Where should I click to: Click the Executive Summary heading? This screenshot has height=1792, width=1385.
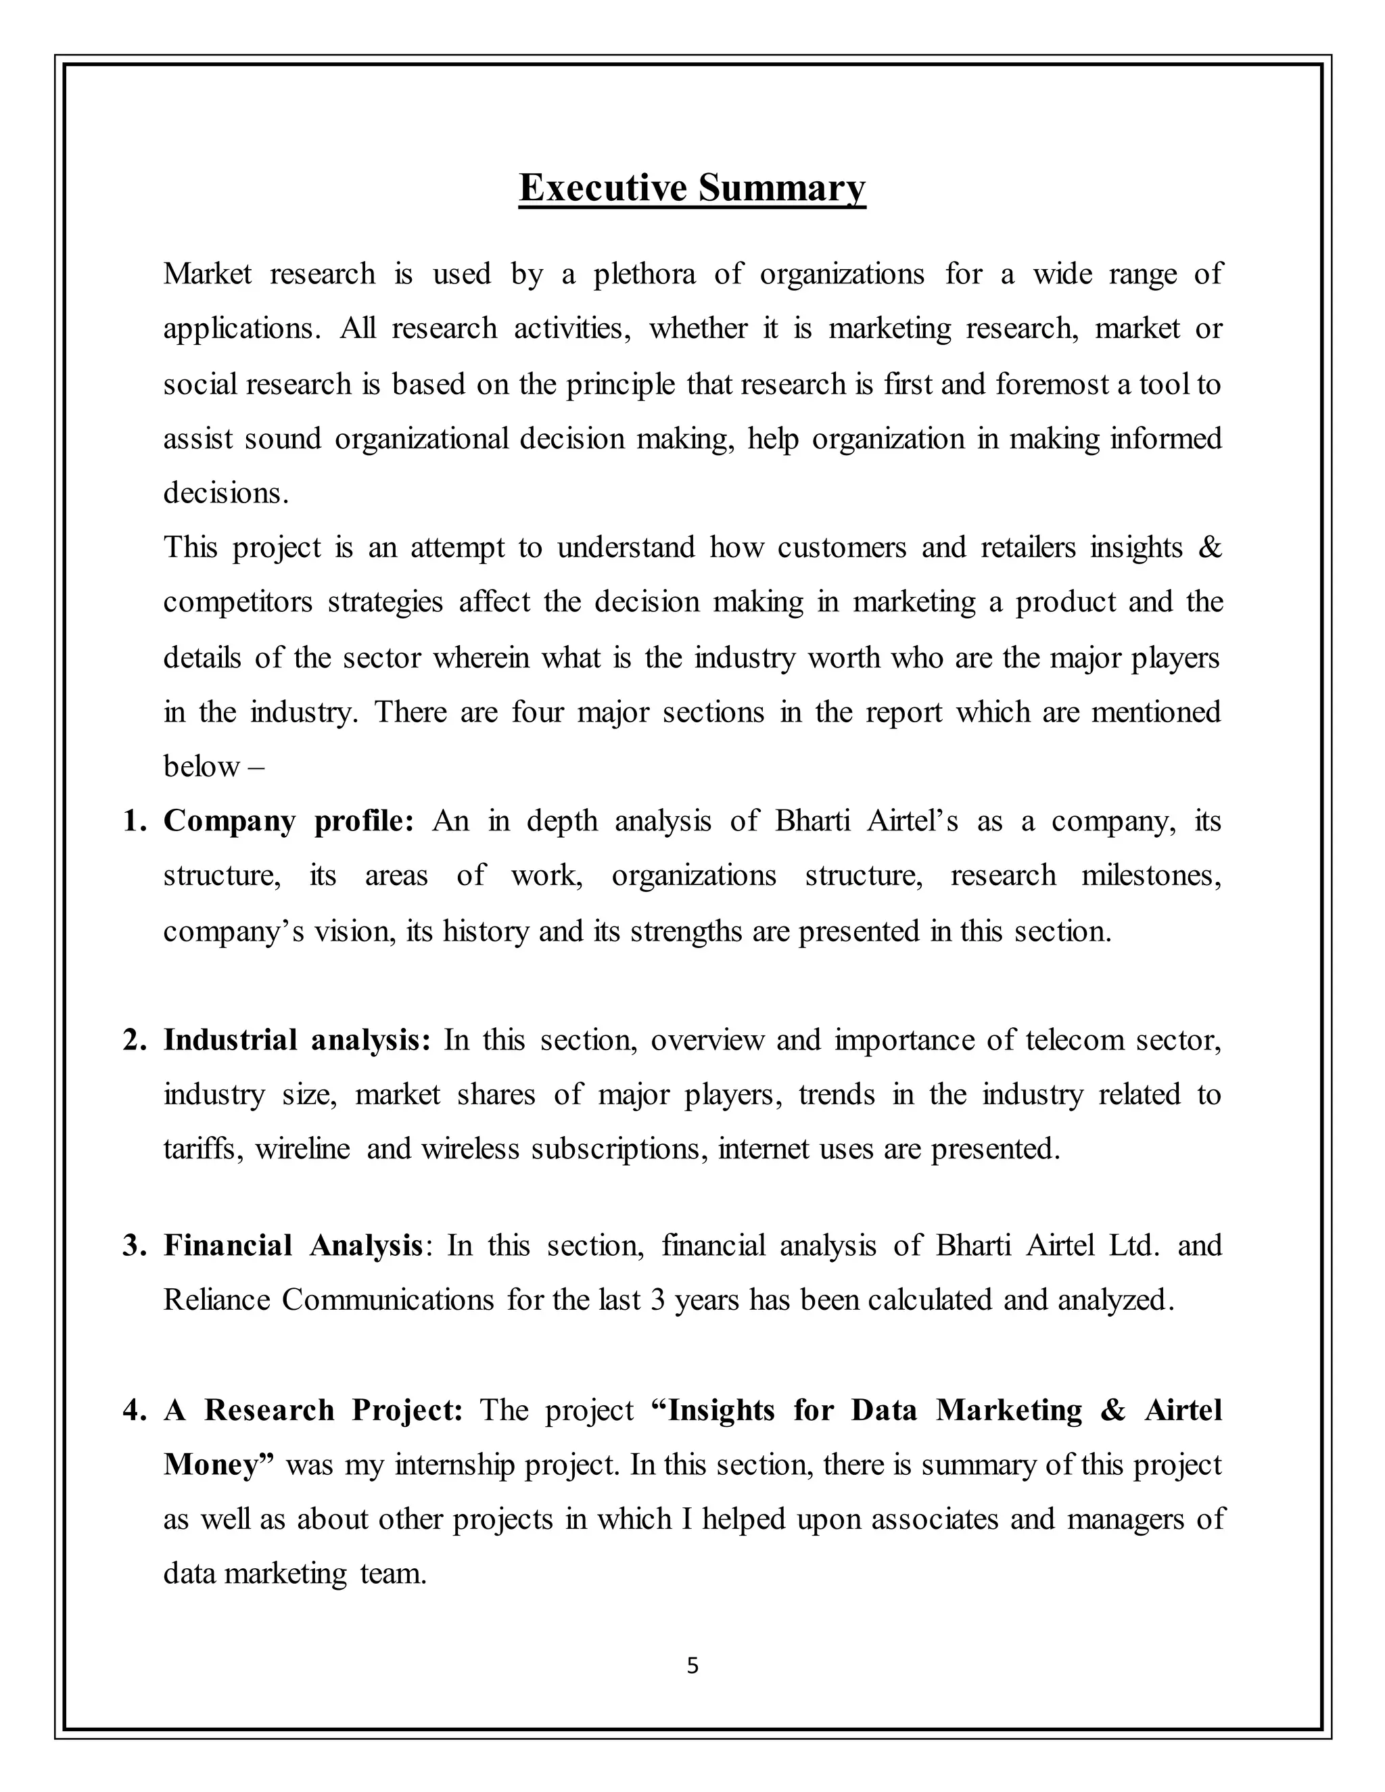692,188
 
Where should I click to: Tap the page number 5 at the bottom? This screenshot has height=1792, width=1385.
692,1665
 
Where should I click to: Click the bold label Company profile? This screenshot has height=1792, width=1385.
289,820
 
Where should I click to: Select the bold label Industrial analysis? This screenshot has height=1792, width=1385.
297,1039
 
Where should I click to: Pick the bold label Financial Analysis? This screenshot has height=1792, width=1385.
293,1245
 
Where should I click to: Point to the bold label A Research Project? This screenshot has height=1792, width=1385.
313,1410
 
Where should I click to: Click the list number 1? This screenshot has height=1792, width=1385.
133,820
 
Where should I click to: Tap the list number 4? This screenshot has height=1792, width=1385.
133,1410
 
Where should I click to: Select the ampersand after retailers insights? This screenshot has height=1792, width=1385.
1209,546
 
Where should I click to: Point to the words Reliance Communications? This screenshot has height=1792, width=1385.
328,1300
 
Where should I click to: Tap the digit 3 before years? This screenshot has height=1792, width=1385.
657,1300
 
